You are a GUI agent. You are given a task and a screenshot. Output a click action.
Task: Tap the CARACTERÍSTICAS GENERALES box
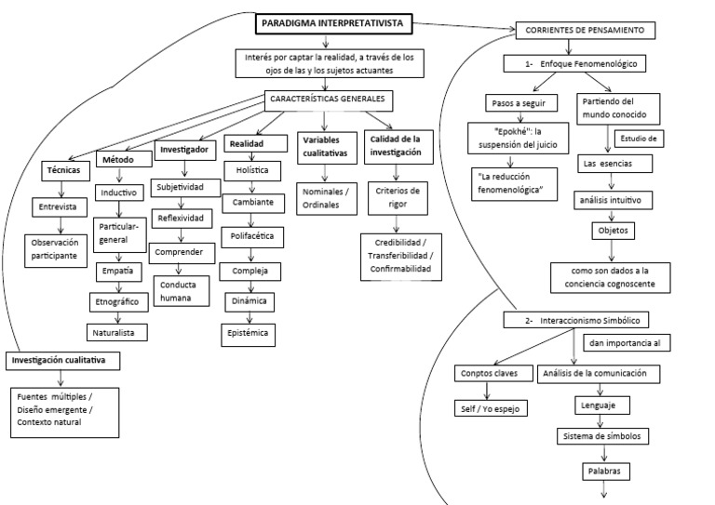point(326,99)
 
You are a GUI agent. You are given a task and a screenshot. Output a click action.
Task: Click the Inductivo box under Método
point(117,193)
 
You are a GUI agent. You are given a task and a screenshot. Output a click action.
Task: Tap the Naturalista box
point(117,331)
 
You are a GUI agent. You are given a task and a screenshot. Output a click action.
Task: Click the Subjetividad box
point(187,187)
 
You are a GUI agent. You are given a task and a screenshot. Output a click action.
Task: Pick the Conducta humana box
point(183,291)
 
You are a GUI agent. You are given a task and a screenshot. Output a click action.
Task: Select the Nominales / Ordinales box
point(325,197)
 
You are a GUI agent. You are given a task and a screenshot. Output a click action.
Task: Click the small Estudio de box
point(638,140)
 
